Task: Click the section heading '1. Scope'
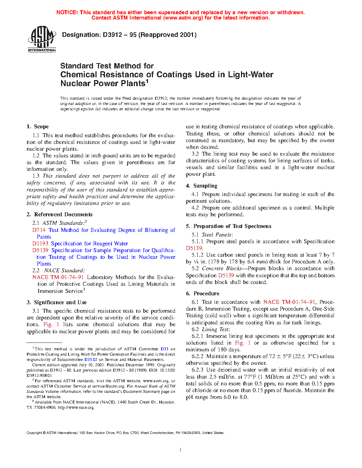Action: coord(38,127)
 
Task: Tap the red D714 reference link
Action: coord(39,230)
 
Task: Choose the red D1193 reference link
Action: coord(40,244)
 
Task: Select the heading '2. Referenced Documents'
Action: coord(59,214)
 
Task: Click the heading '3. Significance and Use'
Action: coord(56,302)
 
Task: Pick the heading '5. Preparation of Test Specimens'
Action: coord(229,226)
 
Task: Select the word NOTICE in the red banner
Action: coord(67,12)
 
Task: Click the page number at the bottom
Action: coord(181,450)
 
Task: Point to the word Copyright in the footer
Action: coord(34,433)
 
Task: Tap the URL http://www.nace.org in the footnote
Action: coord(76,407)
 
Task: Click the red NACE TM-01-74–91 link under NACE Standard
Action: coord(58,277)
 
